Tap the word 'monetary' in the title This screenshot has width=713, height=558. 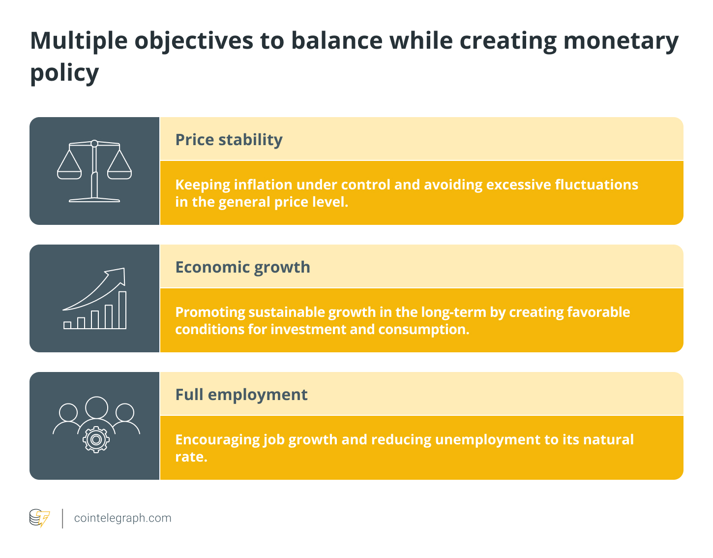tap(621, 42)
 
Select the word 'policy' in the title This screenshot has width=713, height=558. tap(64, 74)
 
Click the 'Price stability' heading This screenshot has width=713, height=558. tap(229, 140)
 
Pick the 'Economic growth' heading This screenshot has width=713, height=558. tap(242, 267)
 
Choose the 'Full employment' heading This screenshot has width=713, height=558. tap(241, 395)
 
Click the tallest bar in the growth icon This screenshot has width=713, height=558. tap(122, 310)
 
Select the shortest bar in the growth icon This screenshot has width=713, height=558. tap(67, 325)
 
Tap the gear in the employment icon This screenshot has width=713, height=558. tap(96, 439)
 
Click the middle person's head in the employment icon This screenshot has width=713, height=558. tap(96, 407)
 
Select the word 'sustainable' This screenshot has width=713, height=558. tap(286, 312)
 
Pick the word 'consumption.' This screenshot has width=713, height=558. tap(423, 330)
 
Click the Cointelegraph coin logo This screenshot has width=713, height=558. tap(39, 518)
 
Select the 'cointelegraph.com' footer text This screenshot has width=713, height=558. tap(123, 518)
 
